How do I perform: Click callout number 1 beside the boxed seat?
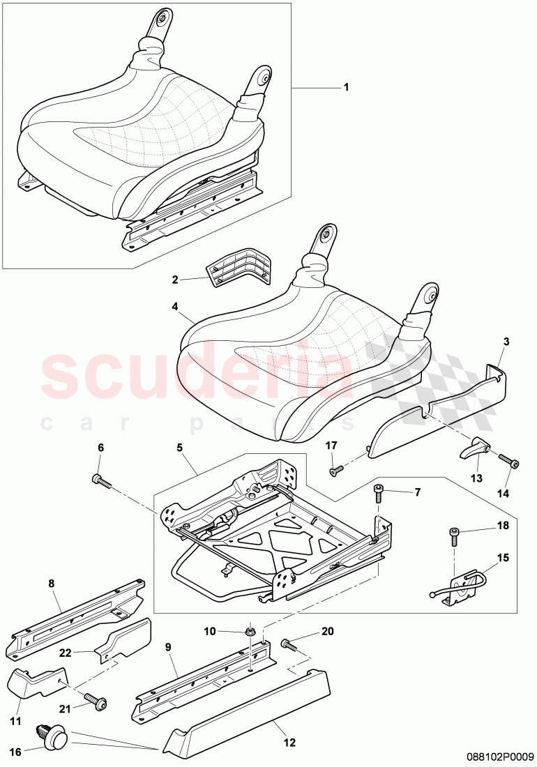[x=345, y=88]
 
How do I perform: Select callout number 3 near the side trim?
[x=506, y=342]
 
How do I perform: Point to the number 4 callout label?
[x=175, y=305]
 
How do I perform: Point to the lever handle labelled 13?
[x=474, y=445]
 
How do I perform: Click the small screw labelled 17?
[x=335, y=471]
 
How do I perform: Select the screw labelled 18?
[x=455, y=536]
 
